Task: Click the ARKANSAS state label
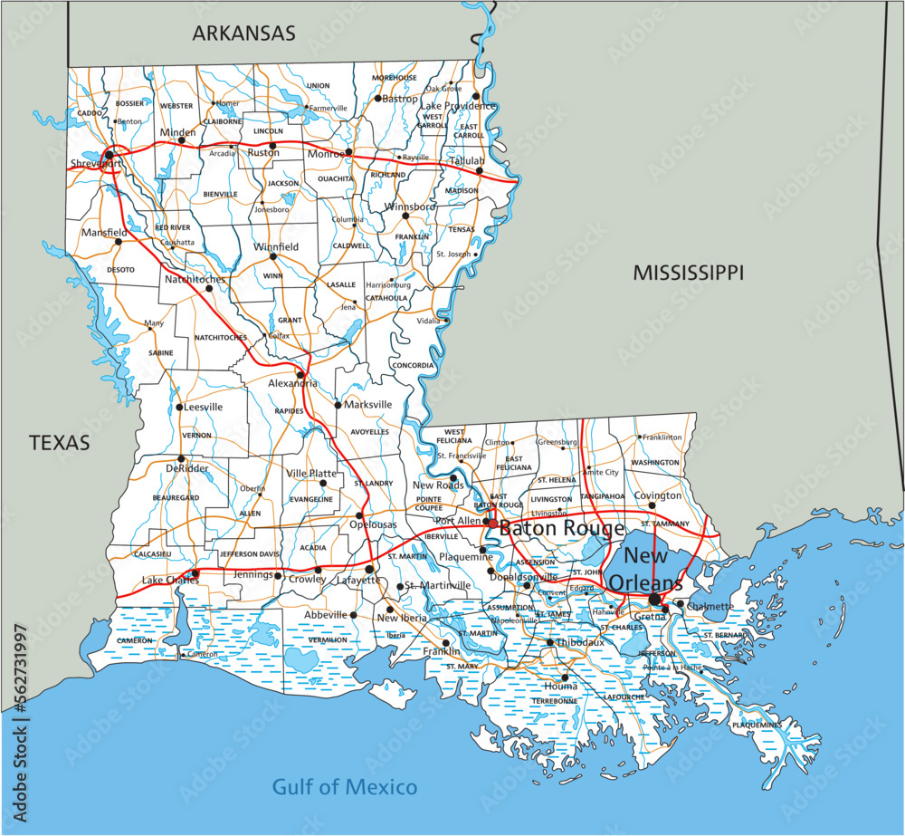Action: (x=243, y=34)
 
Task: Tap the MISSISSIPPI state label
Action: (x=688, y=272)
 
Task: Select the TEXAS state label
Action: (x=60, y=442)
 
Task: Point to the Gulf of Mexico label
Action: (x=345, y=786)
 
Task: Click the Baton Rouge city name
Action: (x=561, y=528)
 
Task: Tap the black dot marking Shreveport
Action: (x=109, y=155)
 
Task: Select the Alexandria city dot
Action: (x=300, y=373)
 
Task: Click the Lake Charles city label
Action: (x=170, y=581)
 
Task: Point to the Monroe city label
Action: (x=327, y=154)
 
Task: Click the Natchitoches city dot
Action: (x=208, y=288)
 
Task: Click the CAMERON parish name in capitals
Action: (x=134, y=640)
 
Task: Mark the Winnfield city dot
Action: (x=272, y=256)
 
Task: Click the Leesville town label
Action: (x=204, y=407)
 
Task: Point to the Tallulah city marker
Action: (x=481, y=170)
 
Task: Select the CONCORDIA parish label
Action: (x=413, y=365)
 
